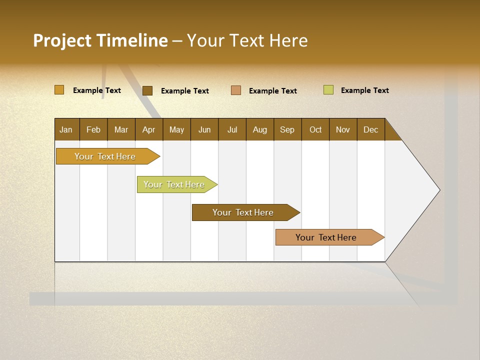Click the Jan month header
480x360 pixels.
click(x=66, y=129)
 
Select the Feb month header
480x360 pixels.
click(x=93, y=129)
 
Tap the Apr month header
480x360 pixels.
click(x=149, y=129)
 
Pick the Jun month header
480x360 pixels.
click(x=204, y=129)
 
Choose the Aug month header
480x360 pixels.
click(x=260, y=129)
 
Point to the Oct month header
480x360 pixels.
click(x=315, y=129)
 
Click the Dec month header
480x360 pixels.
click(x=370, y=129)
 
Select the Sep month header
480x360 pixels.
click(x=287, y=129)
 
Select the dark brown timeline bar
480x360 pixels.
click(x=243, y=212)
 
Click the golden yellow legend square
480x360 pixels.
click(x=59, y=90)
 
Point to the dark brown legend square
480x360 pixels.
click(x=147, y=90)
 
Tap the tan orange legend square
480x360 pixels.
click(x=236, y=90)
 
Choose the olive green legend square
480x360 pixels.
click(x=328, y=90)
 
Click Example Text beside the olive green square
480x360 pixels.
click(x=364, y=90)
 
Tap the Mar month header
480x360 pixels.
click(x=121, y=129)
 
